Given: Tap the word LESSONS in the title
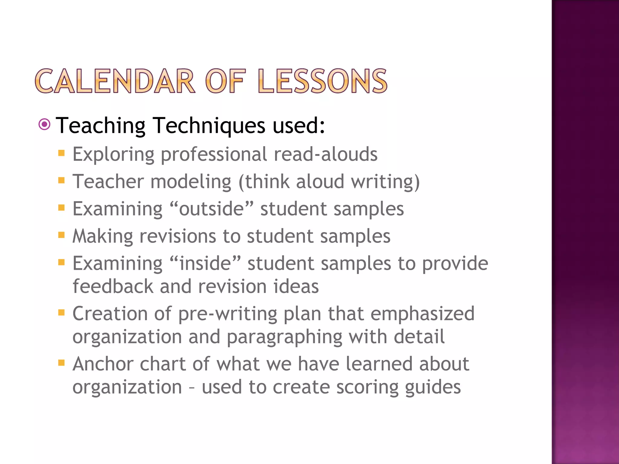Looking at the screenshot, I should [x=323, y=81].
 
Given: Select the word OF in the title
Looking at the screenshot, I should [x=225, y=81].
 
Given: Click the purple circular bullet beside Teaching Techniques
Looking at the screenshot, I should [x=45, y=124].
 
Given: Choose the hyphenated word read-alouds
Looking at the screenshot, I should [x=326, y=154].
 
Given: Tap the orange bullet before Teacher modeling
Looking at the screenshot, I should [x=62, y=181].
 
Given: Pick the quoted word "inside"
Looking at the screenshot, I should [x=205, y=263].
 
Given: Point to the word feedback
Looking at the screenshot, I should [x=113, y=286].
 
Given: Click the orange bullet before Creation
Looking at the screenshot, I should [x=62, y=312].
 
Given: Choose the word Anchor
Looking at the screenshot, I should [x=103, y=364].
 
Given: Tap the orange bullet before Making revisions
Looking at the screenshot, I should [x=62, y=235].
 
